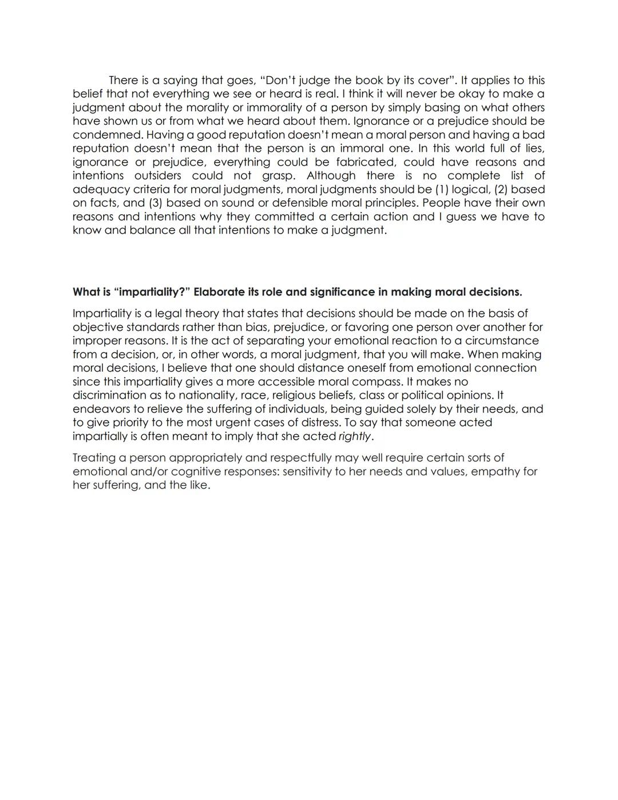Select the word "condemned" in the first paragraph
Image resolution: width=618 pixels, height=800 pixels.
pos(108,135)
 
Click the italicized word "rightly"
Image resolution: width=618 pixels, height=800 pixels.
pos(355,436)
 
